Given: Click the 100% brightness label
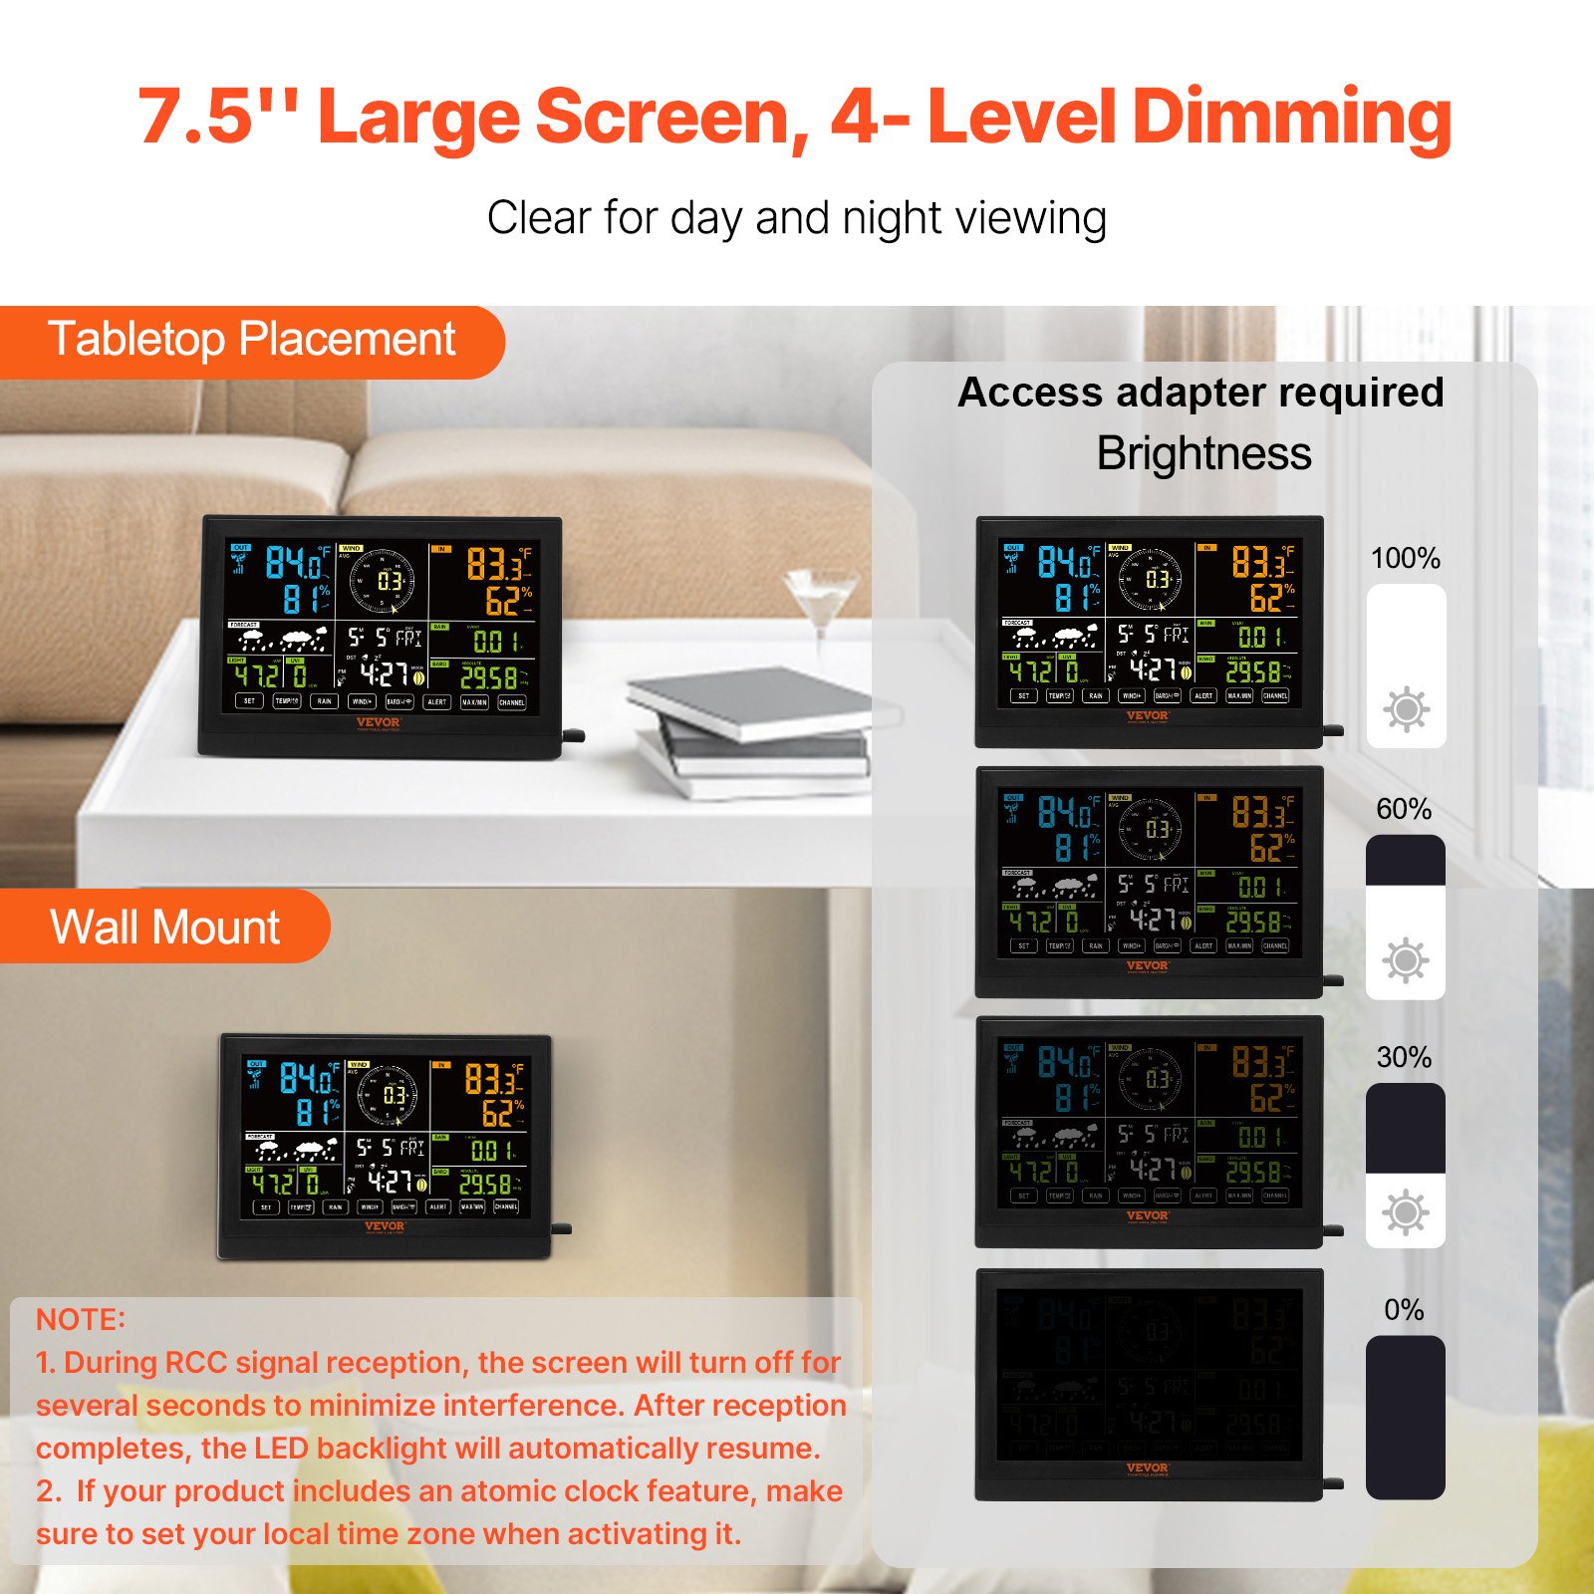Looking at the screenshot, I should tap(1405, 558).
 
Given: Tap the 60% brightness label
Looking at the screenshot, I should tap(1404, 808).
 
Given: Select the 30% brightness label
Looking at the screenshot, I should tap(1404, 1057).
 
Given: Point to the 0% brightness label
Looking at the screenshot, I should tap(1404, 1309).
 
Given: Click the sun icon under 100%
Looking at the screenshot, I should tap(1406, 709).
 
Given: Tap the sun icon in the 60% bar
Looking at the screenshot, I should tap(1405, 960).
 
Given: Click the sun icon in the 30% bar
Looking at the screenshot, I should tap(1405, 1212).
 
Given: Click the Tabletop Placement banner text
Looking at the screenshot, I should tap(251, 340).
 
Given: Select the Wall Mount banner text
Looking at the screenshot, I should tap(164, 927).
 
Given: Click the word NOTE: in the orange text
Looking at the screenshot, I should tap(81, 1319).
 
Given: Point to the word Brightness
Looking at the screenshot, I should tap(1203, 453).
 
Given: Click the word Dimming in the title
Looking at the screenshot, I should tap(1291, 118).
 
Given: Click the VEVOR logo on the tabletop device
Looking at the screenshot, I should tap(379, 722).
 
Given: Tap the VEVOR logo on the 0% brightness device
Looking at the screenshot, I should tap(1147, 1467).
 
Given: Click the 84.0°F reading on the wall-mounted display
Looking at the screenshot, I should tap(307, 1078).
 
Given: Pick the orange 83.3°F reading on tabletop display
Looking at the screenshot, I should tap(497, 565).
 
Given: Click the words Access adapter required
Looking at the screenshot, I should tap(1199, 393).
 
